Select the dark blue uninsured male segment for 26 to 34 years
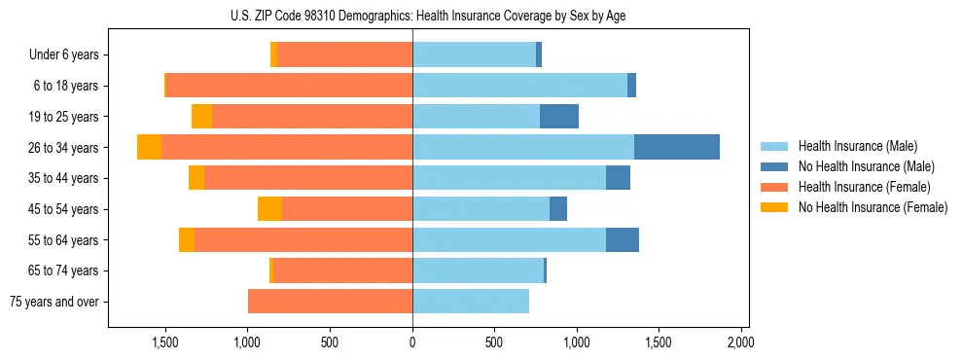(676, 147)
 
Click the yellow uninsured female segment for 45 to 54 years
(269, 209)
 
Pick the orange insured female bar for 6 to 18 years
(289, 86)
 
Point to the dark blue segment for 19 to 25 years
(559, 117)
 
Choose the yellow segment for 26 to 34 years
(149, 147)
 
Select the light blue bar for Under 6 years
(474, 54)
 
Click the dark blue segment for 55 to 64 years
(623, 239)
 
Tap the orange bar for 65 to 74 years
(342, 270)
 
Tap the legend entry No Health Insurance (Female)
(873, 207)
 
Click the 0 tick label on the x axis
(412, 342)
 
